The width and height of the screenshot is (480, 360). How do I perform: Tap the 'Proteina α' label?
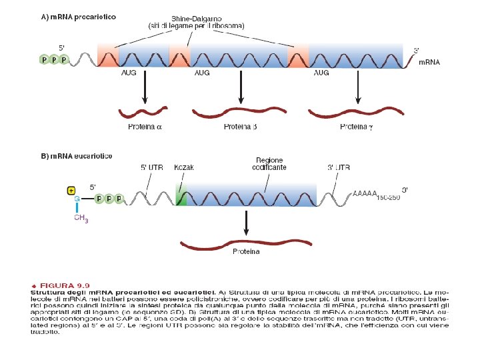[145, 127]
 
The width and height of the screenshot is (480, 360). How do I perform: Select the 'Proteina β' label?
[240, 127]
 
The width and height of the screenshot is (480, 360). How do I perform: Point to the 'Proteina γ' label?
[358, 127]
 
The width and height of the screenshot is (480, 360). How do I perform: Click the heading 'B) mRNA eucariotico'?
[77, 156]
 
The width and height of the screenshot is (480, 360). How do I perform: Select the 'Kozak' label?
[183, 167]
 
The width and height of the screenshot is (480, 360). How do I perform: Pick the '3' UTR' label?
[339, 167]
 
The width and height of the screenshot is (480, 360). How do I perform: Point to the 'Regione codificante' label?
[269, 164]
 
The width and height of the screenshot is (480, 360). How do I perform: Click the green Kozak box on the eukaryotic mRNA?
[179, 196]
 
